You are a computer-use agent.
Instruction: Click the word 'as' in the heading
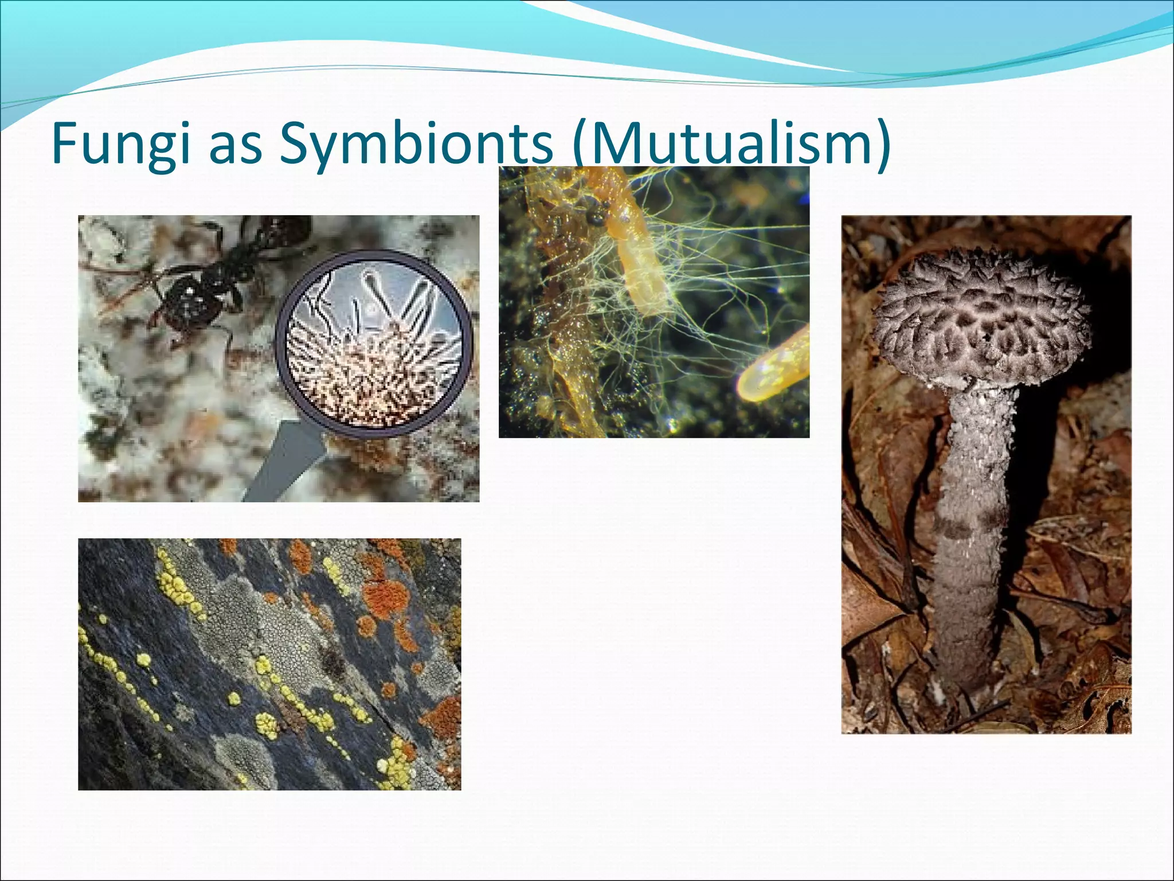pos(236,146)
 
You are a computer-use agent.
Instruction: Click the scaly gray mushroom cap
pos(980,315)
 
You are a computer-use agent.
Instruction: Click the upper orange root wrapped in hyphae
pos(642,252)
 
